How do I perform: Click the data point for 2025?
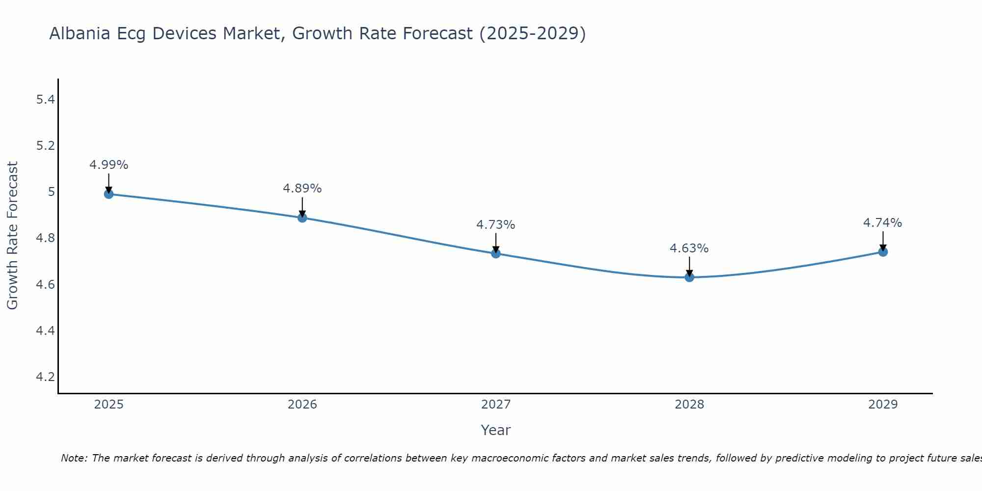point(109,194)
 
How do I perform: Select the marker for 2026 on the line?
point(302,218)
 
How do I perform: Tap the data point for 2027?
point(496,253)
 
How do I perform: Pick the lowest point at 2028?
point(689,277)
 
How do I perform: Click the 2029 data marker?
point(883,252)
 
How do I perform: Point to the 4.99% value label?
point(109,165)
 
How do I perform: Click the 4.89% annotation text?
point(302,189)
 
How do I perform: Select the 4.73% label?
point(496,225)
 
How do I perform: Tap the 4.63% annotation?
point(689,248)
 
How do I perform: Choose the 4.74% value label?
point(883,223)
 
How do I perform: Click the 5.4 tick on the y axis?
point(45,100)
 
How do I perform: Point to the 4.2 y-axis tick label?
point(45,377)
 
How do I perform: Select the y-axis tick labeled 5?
point(51,192)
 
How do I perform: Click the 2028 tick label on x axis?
point(689,405)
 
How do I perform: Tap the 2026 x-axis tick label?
point(302,405)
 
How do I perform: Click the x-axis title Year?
point(496,430)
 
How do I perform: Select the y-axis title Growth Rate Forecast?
point(12,236)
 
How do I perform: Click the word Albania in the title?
point(80,33)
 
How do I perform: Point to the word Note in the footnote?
point(74,458)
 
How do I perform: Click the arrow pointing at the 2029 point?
point(883,241)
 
